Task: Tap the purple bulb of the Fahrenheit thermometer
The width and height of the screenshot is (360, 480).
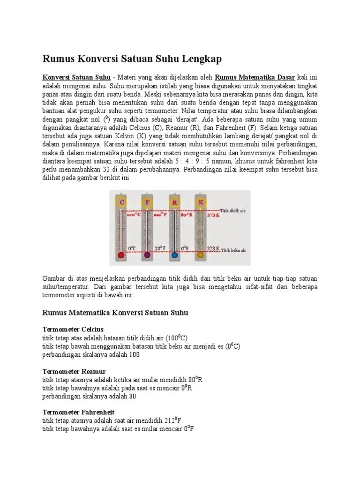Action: tap(148, 255)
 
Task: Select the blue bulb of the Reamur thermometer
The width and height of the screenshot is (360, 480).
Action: tap(174, 255)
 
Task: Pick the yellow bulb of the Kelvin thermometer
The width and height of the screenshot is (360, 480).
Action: tap(201, 255)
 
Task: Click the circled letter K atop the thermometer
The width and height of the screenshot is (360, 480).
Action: tap(201, 202)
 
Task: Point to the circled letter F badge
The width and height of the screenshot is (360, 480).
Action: tap(148, 202)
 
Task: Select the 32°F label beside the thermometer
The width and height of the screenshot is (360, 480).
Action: tap(160, 248)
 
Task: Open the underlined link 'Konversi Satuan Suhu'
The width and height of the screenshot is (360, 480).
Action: tap(77, 77)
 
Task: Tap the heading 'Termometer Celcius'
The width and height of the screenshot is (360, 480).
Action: tap(73, 329)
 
